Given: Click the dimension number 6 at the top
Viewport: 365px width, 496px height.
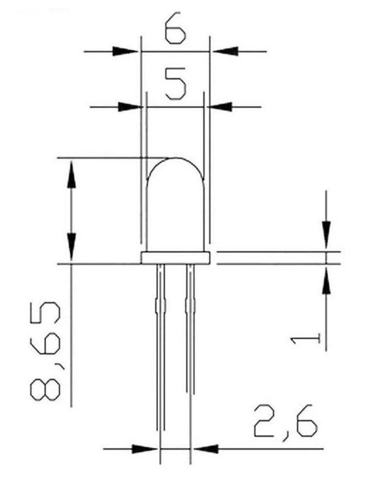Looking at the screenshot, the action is [175, 27].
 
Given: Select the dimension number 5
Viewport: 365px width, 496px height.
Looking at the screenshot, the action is [175, 83].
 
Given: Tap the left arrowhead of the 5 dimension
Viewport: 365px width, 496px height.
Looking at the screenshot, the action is [131, 107].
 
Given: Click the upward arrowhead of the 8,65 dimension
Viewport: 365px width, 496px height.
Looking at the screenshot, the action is [71, 175].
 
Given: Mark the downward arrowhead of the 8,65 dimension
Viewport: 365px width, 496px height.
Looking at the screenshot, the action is [71, 247].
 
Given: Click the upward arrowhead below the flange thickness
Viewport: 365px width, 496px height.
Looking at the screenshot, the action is [326, 280].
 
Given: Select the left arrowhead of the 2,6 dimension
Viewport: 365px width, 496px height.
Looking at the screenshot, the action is [144, 449].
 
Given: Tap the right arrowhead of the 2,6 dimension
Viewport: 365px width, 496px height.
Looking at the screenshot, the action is [206, 449].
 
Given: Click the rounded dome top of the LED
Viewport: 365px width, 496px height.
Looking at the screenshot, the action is [176, 158].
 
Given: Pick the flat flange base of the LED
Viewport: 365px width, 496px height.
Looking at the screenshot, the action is [176, 258].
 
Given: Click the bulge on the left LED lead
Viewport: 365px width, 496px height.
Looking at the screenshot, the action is [160, 305].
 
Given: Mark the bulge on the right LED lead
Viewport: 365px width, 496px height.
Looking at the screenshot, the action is [190, 305].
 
